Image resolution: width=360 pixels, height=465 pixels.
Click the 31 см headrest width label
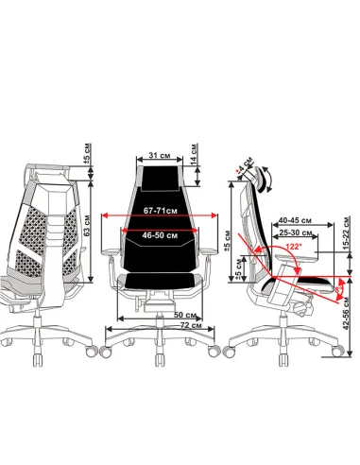[160, 156]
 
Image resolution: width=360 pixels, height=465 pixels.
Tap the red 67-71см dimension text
[161, 211]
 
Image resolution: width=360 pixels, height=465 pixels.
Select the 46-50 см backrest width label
[160, 235]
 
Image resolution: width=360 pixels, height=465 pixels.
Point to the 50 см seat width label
[185, 315]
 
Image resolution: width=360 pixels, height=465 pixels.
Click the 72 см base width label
[191, 325]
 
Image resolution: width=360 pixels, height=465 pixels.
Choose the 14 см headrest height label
[195, 153]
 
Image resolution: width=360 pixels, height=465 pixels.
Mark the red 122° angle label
[292, 247]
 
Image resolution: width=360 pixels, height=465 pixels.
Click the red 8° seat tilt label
[338, 290]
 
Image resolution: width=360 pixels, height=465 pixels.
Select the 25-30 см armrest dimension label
[296, 232]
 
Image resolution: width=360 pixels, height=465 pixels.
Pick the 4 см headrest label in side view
[245, 164]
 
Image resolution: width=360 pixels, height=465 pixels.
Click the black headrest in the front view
[160, 178]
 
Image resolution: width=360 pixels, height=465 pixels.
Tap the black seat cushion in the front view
[160, 281]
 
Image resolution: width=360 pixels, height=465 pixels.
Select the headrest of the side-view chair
[259, 179]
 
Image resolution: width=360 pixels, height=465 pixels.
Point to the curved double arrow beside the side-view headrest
[268, 179]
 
